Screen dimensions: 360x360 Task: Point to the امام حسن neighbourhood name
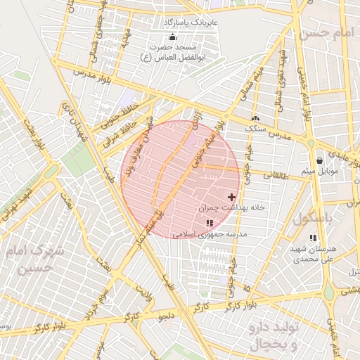(x=326, y=32)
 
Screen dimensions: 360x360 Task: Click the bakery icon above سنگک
(x=255, y=119)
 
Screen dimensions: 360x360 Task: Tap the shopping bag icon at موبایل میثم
(x=320, y=161)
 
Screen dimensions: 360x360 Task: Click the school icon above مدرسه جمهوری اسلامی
(x=209, y=223)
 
